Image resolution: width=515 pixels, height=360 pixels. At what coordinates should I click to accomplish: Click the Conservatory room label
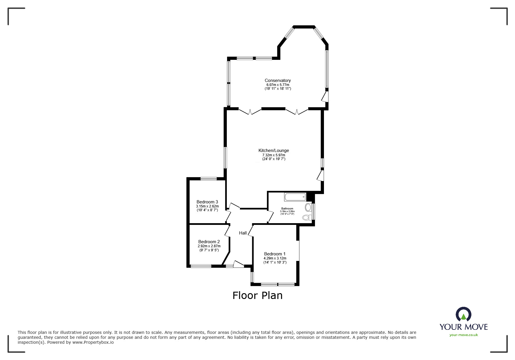point(277,80)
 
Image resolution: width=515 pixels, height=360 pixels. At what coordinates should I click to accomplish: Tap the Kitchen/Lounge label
point(274,151)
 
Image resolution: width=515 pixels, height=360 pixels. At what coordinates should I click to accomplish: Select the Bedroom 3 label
point(207,202)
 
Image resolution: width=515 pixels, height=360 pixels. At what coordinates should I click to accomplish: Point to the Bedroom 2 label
point(209,242)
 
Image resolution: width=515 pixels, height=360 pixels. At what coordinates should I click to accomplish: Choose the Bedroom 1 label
point(275,254)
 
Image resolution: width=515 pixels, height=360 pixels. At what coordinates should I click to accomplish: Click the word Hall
point(243,233)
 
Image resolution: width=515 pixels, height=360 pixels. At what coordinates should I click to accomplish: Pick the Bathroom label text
point(287,209)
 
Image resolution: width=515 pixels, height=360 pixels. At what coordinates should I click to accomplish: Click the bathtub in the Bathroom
point(295,197)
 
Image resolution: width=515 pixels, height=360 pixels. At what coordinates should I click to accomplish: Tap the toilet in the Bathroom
point(306,217)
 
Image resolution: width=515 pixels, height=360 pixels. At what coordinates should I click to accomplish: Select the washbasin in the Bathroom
point(308,207)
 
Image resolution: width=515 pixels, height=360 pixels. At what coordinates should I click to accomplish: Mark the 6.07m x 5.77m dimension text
point(278,85)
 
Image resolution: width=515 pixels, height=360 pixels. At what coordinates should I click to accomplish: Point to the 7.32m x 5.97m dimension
point(274,155)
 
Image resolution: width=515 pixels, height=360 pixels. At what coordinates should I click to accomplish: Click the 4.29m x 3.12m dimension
point(275,258)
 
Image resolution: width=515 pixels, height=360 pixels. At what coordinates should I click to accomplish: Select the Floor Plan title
point(257,295)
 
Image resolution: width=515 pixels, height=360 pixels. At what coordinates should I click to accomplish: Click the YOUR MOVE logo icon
point(463,315)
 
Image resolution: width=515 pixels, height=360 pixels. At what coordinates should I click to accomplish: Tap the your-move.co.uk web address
point(464,335)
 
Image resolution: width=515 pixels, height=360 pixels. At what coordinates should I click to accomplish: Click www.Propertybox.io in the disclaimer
point(93,342)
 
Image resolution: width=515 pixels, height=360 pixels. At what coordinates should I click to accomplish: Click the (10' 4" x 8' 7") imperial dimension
point(207,210)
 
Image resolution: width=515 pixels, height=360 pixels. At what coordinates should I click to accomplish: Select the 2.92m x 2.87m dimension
point(209,246)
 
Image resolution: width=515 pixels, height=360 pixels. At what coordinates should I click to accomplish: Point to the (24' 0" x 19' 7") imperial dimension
point(274,159)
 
